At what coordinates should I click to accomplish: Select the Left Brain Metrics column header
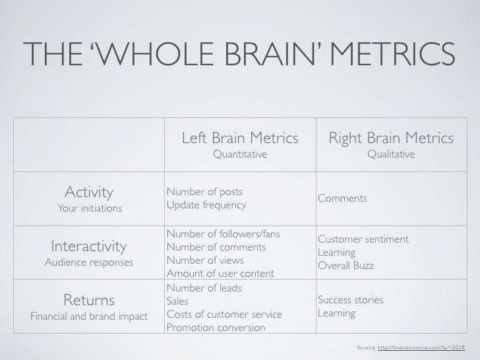(x=239, y=139)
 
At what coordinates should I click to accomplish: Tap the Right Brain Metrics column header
(x=391, y=139)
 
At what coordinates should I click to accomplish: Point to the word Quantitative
(x=239, y=154)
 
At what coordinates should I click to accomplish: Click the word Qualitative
(x=391, y=154)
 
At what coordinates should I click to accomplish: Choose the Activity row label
(x=88, y=192)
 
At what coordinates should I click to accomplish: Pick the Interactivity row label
(x=89, y=247)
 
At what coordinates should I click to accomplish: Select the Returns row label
(x=89, y=301)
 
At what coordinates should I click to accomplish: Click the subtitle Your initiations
(x=89, y=209)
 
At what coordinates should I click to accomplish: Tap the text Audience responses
(x=89, y=263)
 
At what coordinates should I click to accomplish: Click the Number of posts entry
(x=204, y=192)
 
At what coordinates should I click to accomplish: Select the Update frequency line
(x=206, y=205)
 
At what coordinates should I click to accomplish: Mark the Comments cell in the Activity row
(x=342, y=198)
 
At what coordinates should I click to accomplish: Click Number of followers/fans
(x=224, y=234)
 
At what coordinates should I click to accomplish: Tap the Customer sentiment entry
(x=363, y=239)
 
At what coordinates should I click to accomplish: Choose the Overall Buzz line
(x=345, y=266)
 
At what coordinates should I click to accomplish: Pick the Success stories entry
(x=350, y=301)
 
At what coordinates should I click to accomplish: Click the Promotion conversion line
(x=216, y=328)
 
